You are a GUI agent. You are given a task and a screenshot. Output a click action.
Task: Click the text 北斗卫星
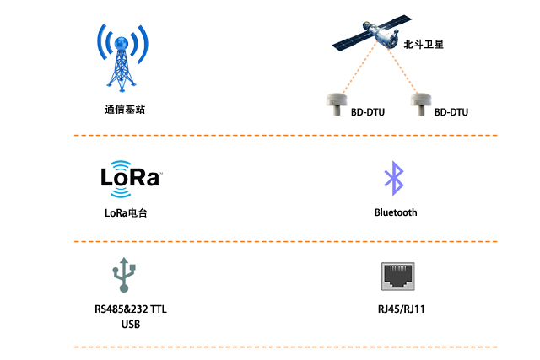424,46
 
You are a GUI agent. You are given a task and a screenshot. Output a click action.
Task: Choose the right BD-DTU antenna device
420,100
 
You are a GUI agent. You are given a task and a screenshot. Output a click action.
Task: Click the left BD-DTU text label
368,111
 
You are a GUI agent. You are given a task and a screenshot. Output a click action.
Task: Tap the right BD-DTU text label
451,111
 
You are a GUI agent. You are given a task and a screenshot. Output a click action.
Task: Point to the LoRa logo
130,175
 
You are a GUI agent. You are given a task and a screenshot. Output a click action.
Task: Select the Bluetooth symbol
393,177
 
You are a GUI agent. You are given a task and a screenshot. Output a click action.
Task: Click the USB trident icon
124,274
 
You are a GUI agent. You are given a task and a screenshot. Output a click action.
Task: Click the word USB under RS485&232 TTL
131,325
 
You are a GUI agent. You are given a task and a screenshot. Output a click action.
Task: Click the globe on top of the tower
123,41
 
